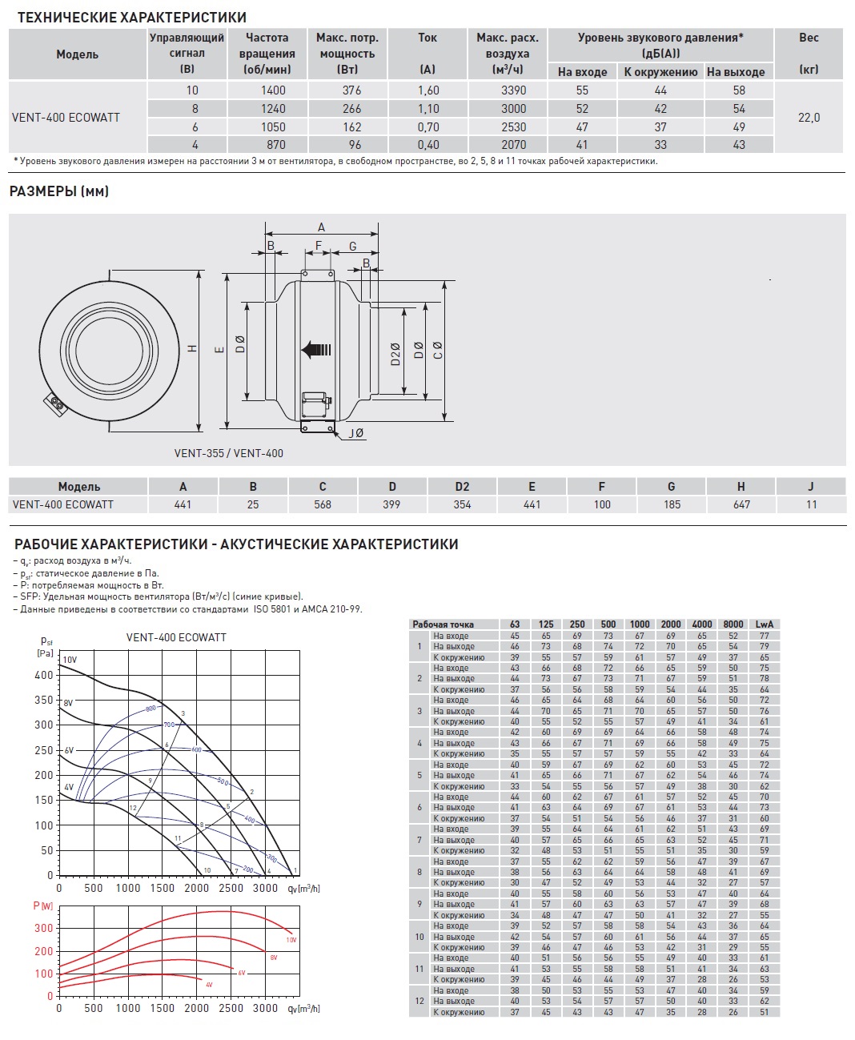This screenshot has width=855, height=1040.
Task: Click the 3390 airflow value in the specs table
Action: pyautogui.click(x=513, y=90)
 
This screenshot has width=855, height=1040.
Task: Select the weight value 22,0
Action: pyautogui.click(x=809, y=118)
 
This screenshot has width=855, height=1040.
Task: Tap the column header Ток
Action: pyautogui.click(x=427, y=38)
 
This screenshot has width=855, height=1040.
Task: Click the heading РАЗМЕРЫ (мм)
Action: pyautogui.click(x=59, y=191)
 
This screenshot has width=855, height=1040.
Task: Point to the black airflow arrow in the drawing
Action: pyautogui.click(x=315, y=349)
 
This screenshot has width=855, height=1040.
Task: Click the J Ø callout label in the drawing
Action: pyautogui.click(x=355, y=433)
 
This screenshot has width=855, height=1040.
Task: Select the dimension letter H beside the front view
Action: pyautogui.click(x=192, y=348)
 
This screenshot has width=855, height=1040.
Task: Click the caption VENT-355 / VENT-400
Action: pyautogui.click(x=229, y=453)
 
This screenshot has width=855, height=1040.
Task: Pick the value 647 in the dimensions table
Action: pyautogui.click(x=741, y=504)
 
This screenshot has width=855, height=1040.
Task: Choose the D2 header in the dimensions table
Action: pyautogui.click(x=462, y=487)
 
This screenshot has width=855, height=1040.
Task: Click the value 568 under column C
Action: pyautogui.click(x=323, y=504)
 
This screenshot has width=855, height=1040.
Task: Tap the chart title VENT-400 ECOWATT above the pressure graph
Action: pyautogui.click(x=176, y=637)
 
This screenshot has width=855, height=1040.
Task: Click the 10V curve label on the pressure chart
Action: pyautogui.click(x=70, y=660)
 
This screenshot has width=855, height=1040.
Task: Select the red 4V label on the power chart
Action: pyautogui.click(x=209, y=984)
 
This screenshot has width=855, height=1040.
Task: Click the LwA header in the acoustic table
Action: pyautogui.click(x=765, y=624)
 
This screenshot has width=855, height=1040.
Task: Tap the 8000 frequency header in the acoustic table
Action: pyautogui.click(x=733, y=624)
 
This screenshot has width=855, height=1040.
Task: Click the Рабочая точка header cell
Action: pyautogui.click(x=443, y=624)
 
